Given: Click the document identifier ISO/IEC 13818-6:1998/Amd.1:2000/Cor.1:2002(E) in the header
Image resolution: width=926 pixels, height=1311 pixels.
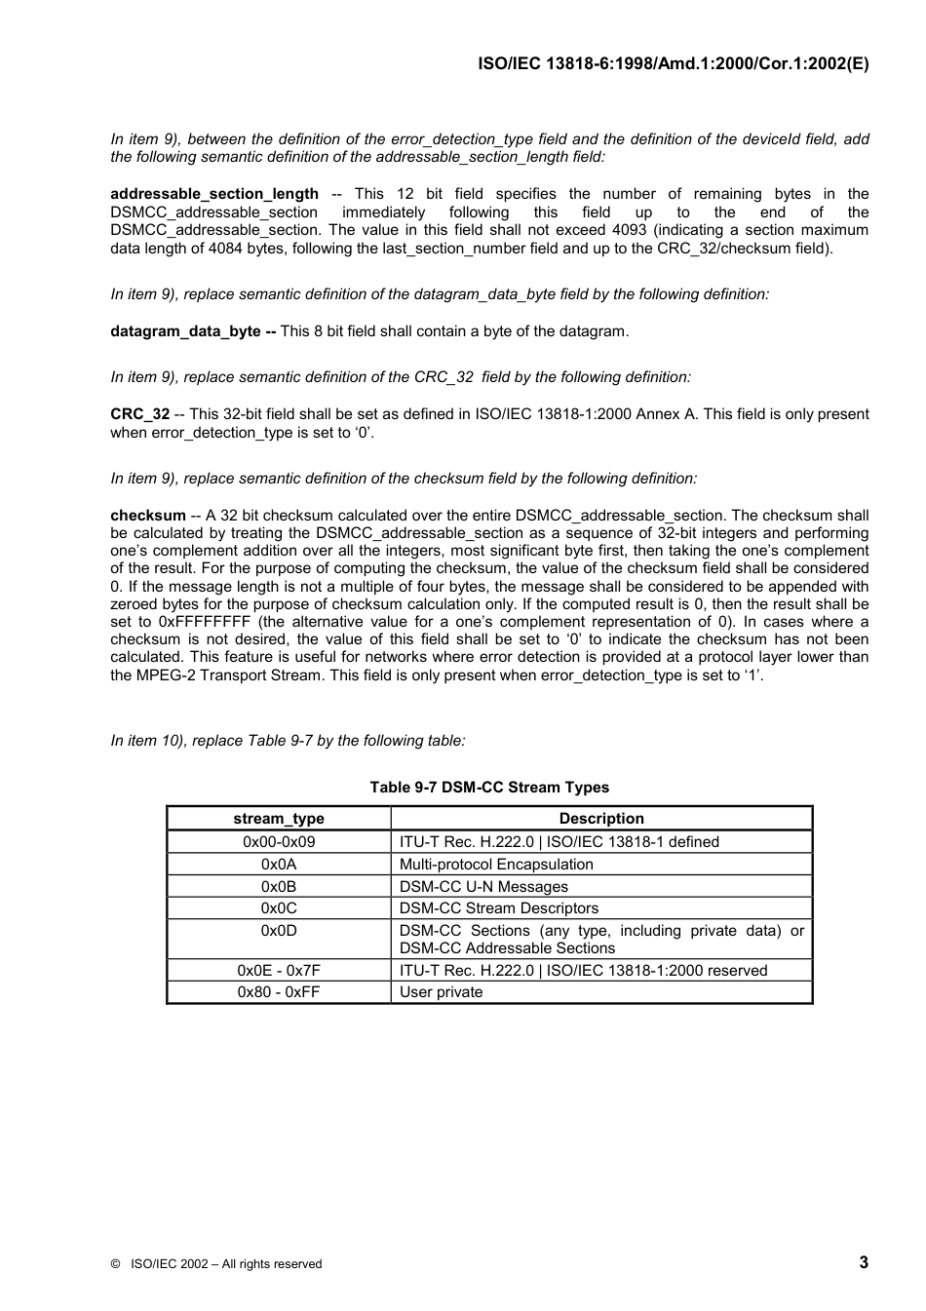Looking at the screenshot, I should (x=673, y=64).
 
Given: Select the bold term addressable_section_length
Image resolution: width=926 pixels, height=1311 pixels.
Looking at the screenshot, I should (x=214, y=194).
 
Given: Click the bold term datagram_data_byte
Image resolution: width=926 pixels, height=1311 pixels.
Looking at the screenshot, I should (x=186, y=331).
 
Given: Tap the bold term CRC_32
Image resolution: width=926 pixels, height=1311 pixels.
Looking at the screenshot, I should (x=139, y=414).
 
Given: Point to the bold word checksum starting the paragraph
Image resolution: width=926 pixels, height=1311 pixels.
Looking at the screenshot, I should (x=147, y=516).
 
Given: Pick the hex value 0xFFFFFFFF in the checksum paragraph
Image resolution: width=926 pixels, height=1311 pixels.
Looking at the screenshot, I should (x=204, y=622).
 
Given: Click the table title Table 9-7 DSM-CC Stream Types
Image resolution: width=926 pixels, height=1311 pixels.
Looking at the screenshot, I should (x=489, y=788).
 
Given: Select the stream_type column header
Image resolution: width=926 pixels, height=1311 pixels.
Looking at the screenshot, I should (x=279, y=819).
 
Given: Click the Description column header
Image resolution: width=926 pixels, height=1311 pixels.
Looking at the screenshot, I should (x=601, y=819).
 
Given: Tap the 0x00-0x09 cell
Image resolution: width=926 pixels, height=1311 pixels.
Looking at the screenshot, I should (x=279, y=842).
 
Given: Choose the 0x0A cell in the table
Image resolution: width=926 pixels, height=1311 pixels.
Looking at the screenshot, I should (x=279, y=865).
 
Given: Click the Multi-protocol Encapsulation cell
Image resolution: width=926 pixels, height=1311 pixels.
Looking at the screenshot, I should (x=496, y=865).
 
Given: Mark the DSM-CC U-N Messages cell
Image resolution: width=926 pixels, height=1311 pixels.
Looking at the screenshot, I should (x=483, y=887).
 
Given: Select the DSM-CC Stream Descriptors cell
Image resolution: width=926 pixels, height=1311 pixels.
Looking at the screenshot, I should (x=499, y=908).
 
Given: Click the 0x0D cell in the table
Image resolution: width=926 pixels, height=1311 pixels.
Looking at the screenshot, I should (x=279, y=931).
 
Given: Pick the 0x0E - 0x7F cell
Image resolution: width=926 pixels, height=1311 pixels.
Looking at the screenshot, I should (x=279, y=971).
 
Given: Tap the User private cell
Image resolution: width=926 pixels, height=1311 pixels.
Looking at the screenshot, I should (x=441, y=992).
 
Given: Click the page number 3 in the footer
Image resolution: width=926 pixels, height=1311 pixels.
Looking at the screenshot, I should (x=864, y=1263).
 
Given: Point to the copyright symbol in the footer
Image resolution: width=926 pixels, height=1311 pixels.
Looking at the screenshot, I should (x=115, y=1264).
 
